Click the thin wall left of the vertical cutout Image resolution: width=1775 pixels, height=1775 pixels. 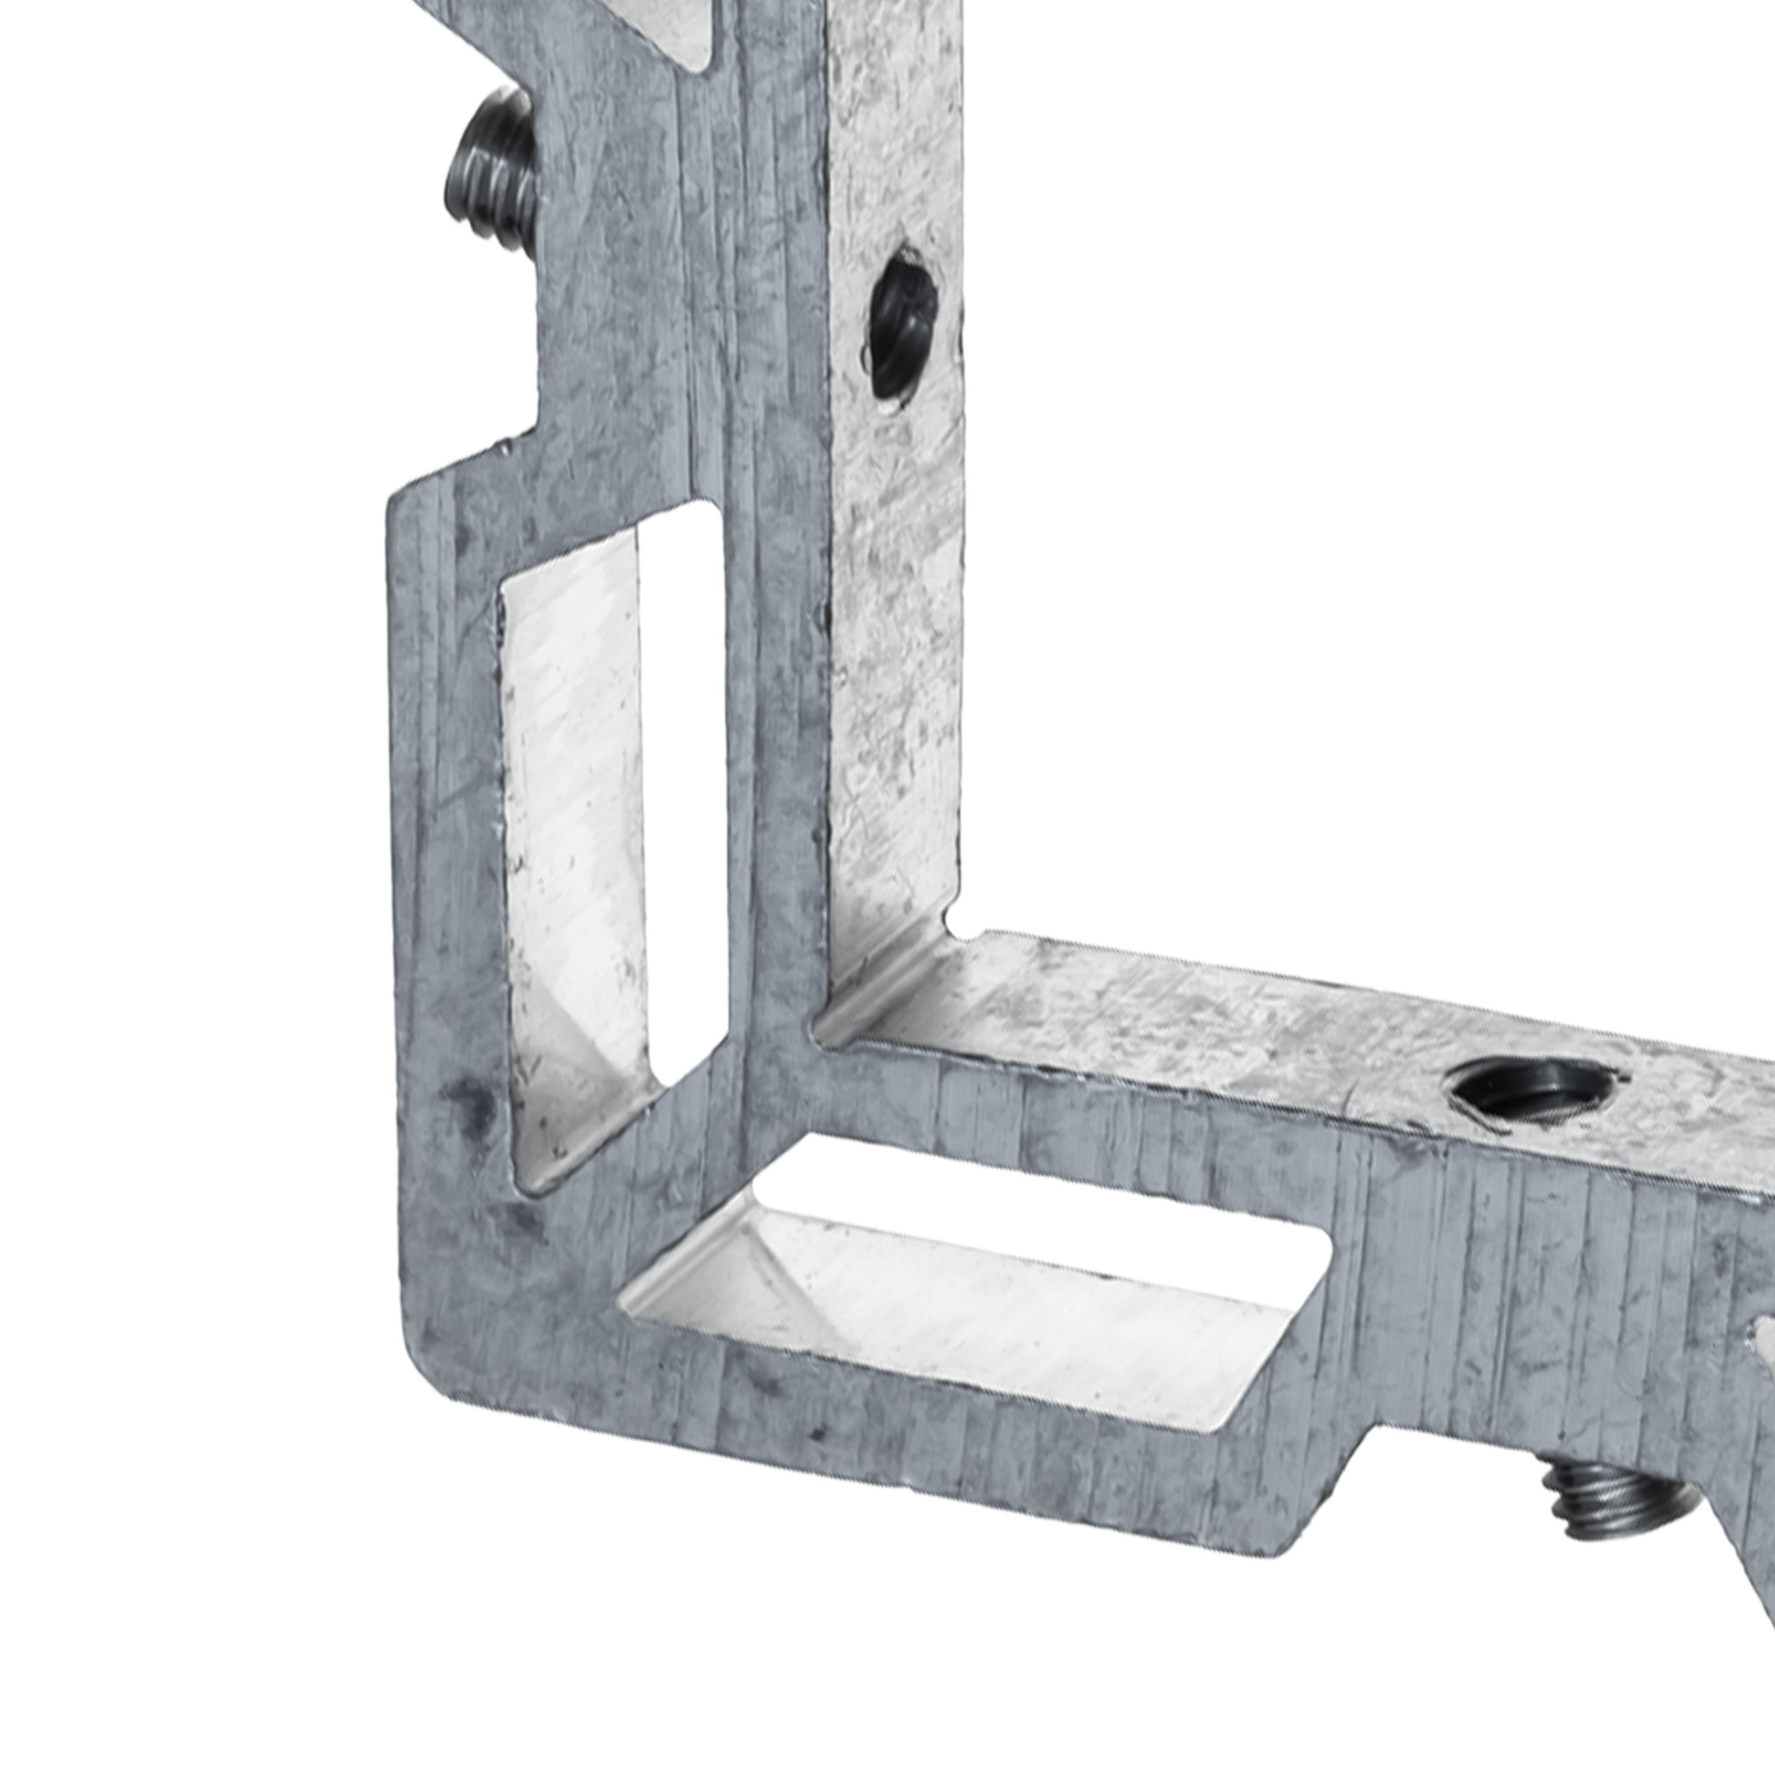pos(441,827)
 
